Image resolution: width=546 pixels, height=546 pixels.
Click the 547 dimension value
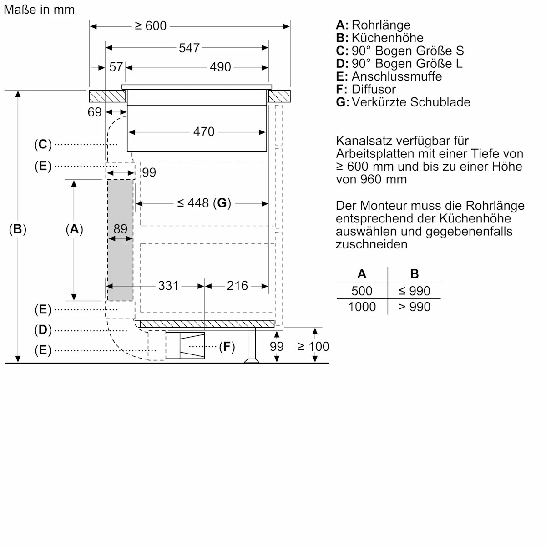(189, 48)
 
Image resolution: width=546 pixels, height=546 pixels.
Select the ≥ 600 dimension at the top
(151, 26)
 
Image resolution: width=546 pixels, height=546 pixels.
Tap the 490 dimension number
(220, 67)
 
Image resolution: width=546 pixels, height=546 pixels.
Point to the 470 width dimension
(203, 132)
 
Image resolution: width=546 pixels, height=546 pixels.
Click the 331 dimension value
(168, 286)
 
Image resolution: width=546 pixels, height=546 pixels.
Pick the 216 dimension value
(238, 286)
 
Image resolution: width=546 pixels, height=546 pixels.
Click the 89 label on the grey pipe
(121, 229)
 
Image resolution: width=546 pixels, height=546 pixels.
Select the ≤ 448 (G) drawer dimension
(204, 203)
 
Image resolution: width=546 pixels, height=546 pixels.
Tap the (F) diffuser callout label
(227, 347)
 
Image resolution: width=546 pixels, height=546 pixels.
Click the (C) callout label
(43, 145)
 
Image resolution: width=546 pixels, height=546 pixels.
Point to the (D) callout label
(43, 330)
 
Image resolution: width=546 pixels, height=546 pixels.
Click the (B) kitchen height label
(18, 229)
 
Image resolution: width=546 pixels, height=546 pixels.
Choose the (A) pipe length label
(75, 229)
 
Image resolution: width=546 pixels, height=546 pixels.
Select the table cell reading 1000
(362, 307)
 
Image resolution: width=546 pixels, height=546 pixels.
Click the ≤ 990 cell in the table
(414, 291)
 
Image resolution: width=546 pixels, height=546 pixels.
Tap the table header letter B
(414, 274)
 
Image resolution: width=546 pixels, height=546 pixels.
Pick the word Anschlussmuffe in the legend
(396, 76)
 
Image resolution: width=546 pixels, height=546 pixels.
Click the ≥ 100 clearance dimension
(313, 347)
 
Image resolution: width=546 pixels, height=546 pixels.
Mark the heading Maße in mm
(39, 10)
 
